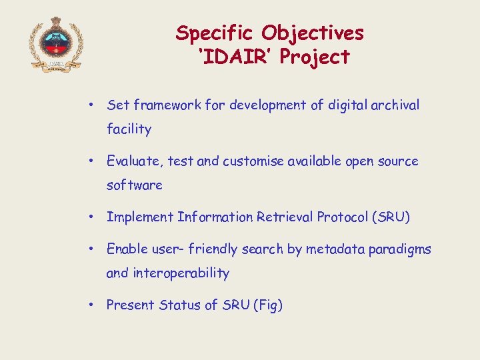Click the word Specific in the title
tap(216, 33)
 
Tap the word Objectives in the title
tap(313, 33)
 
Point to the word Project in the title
tap(315, 58)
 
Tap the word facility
tap(129, 129)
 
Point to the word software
tap(134, 185)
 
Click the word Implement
tap(140, 217)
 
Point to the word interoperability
tap(181, 273)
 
